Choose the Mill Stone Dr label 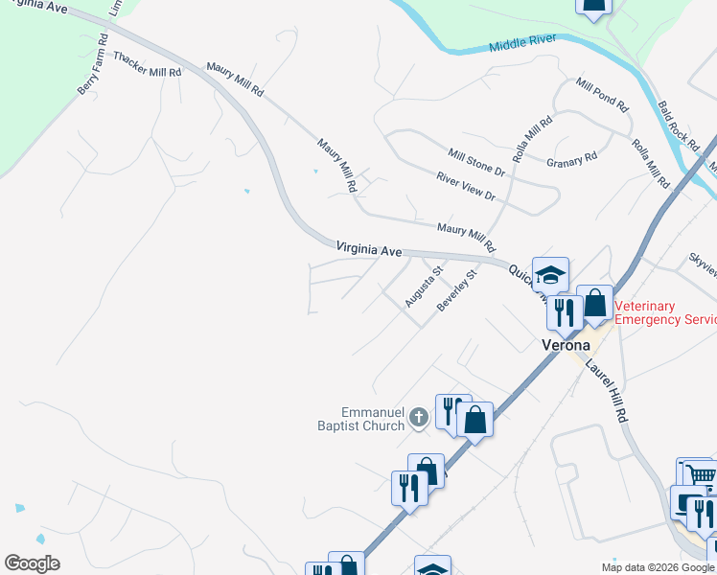[x=475, y=161]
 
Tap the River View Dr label [x=465, y=186]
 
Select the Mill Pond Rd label [x=601, y=96]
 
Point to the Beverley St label [x=456, y=290]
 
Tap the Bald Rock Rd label [x=678, y=126]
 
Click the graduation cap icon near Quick [x=551, y=275]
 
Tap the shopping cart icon [x=701, y=474]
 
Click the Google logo [x=32, y=563]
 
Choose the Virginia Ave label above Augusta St [x=369, y=249]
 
